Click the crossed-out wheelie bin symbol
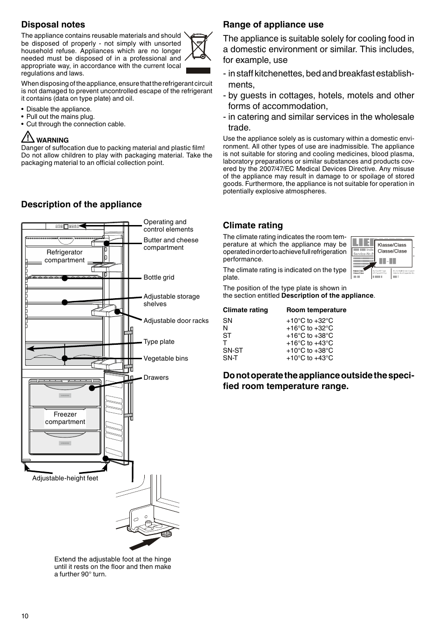[198, 47]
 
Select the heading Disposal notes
[53, 25]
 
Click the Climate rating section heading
[253, 226]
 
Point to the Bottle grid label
[159, 277]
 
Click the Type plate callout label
[159, 342]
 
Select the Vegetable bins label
[166, 358]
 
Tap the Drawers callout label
[156, 377]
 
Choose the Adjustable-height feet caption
[65, 478]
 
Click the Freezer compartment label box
[65, 418]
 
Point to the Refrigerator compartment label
[65, 256]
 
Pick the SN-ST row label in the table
[233, 350]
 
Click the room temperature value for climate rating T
[309, 343]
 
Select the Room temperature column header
[316, 310]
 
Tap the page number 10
[25, 616]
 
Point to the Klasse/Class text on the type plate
[392, 245]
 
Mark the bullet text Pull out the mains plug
[60, 116]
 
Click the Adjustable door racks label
[176, 321]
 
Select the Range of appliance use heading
[273, 25]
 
